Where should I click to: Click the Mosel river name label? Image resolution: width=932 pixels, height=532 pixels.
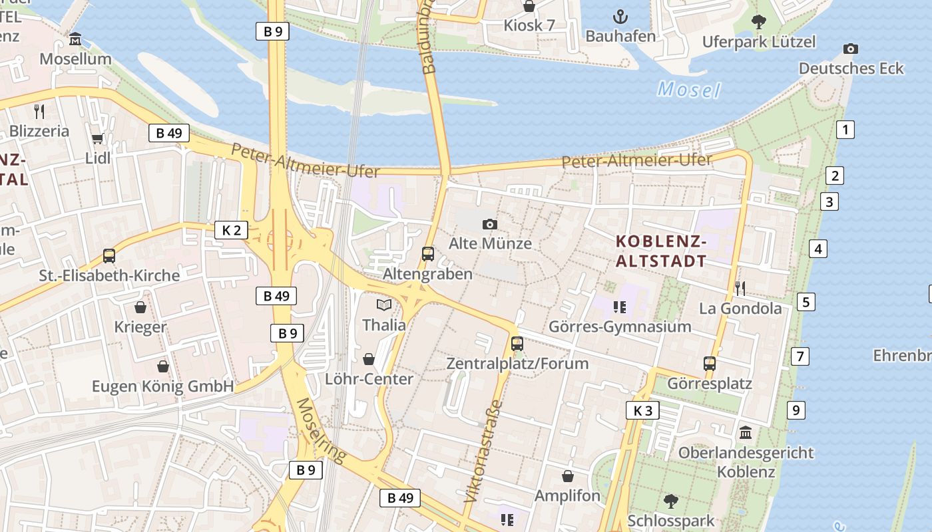coord(689,88)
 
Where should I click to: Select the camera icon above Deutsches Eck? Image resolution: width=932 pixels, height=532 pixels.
coord(850,49)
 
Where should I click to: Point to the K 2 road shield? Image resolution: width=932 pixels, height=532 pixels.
coord(231,231)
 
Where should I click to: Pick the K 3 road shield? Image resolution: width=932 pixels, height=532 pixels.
coord(642,410)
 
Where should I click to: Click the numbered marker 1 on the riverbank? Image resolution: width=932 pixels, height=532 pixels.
coord(845,129)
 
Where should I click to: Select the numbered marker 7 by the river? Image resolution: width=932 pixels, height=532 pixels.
coord(800,356)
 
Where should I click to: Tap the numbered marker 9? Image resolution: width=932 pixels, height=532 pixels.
coord(796,410)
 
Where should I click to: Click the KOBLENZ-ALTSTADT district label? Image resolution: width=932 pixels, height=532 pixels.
coord(660,251)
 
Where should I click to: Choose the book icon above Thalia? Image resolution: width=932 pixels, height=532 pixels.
coord(384,305)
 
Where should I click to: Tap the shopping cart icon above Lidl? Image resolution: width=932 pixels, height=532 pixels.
coord(98,138)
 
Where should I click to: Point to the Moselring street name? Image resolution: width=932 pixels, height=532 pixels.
coord(322,430)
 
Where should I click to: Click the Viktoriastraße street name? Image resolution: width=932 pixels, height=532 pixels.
coord(483,450)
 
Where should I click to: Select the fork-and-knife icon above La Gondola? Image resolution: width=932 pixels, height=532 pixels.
coord(740,288)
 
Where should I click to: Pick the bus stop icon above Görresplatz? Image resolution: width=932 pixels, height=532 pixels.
coord(710,364)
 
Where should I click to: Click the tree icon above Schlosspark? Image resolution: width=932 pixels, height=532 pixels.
coord(670,501)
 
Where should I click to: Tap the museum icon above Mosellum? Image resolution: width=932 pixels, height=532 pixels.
coord(75,39)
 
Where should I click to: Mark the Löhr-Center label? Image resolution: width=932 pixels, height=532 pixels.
coord(369,379)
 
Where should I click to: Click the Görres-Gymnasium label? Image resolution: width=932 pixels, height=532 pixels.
coord(620,327)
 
